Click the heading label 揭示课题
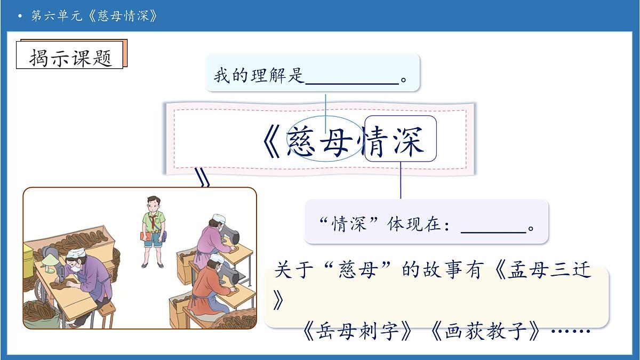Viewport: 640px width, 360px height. (71, 57)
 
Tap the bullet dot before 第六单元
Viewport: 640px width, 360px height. (20, 16)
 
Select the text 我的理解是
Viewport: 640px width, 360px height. (259, 76)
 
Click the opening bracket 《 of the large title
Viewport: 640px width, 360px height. (273, 142)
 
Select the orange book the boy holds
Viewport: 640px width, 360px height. (145, 236)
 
